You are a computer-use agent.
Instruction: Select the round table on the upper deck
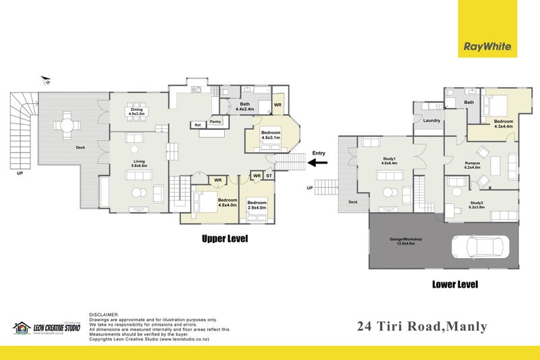coord(66,125)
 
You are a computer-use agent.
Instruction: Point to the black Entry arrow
coord(317,162)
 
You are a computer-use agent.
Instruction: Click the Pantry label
coord(215,122)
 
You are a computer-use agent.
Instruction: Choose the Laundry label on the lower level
coord(431,121)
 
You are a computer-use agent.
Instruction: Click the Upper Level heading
coord(225,238)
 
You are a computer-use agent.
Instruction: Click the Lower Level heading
coord(454,284)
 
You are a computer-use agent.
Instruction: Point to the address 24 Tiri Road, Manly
coord(421,327)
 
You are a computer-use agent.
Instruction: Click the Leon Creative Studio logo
coord(47,328)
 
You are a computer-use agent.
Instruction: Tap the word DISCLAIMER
coord(104,315)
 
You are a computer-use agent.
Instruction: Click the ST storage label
coord(269,176)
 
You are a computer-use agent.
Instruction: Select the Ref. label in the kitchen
coord(198,125)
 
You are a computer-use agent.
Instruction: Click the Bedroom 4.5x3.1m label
coord(271,135)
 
